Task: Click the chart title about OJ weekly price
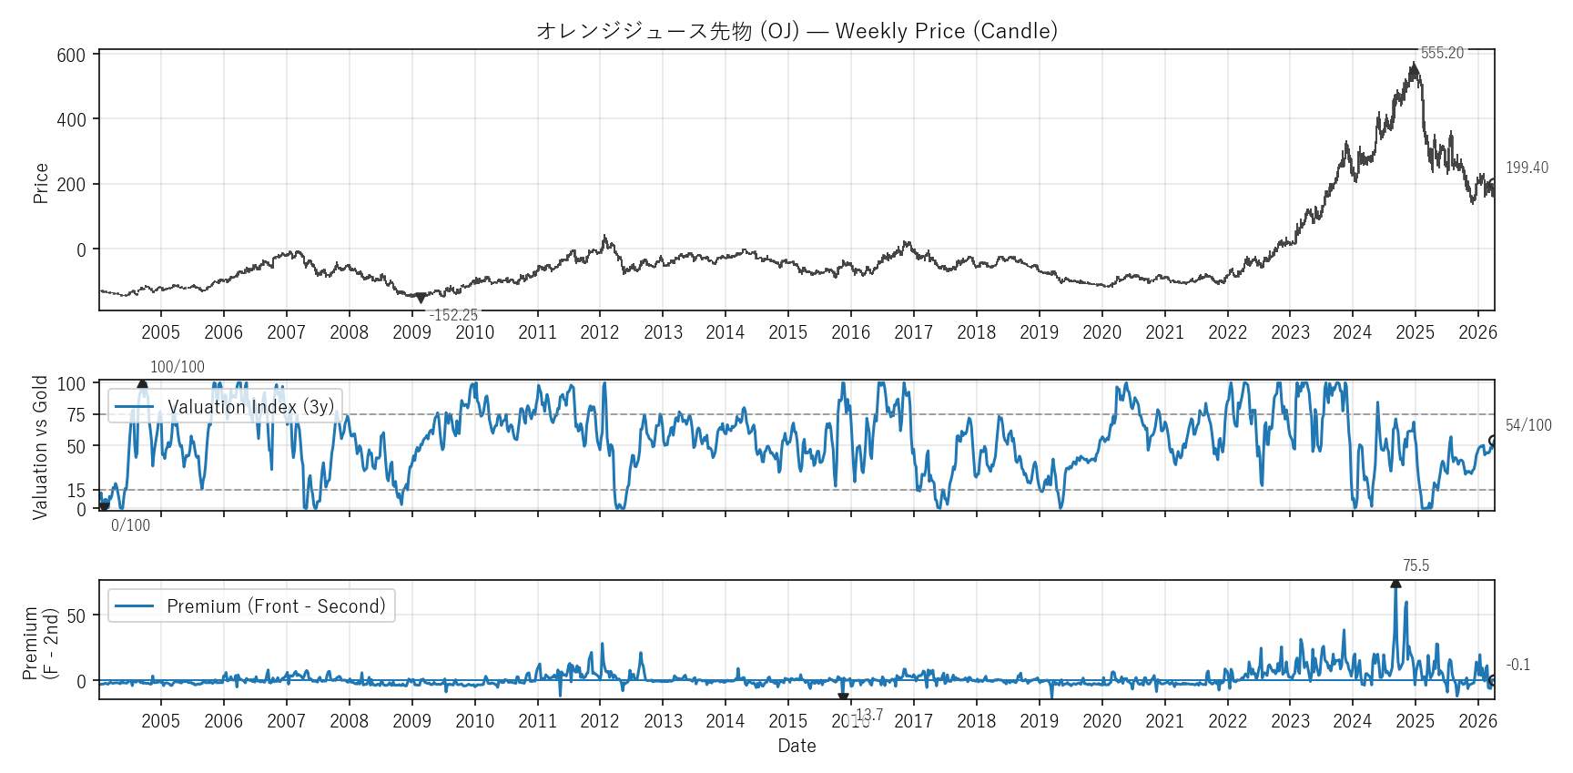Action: pos(797,31)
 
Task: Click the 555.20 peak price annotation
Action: pos(1442,53)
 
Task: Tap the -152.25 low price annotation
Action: pos(453,315)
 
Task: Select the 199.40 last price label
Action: pos(1527,168)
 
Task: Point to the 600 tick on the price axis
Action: pos(71,56)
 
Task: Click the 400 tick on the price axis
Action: pos(71,120)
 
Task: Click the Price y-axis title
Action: pos(41,183)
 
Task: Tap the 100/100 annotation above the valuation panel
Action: pos(178,367)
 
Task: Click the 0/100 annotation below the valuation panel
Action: pos(130,525)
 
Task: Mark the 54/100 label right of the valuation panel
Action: pos(1528,425)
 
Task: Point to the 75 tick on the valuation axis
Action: pos(76,415)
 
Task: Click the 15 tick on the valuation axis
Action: pos(76,491)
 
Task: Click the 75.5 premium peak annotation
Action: pos(1416,565)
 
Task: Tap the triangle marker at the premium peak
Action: pos(1395,584)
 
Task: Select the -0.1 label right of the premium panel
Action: pos(1517,665)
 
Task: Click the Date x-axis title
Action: pos(797,746)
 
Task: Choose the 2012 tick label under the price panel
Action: pos(600,332)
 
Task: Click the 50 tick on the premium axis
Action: pos(76,616)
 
